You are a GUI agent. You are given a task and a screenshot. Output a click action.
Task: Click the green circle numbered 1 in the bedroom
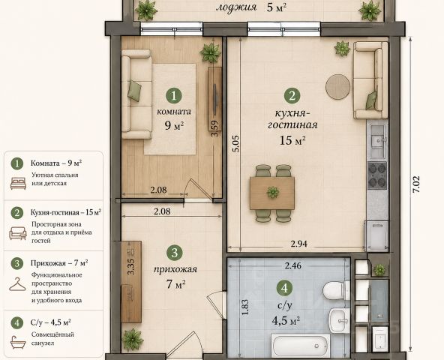pos(173,95)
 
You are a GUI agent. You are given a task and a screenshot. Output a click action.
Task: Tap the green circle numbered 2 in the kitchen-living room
pos(292,96)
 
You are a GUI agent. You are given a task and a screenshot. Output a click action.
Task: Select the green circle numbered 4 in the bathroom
pos(285,288)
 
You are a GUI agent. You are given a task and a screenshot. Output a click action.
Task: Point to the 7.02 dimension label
pos(416,184)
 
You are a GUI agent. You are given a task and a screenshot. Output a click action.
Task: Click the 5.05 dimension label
pos(235,144)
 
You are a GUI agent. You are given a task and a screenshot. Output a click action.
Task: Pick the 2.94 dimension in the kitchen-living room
pos(298,244)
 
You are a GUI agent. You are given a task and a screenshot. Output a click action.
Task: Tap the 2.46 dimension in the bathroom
pos(293,265)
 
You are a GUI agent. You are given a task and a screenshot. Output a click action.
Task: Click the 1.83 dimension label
pos(245,307)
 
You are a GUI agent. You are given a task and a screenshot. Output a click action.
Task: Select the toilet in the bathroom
pos(337,290)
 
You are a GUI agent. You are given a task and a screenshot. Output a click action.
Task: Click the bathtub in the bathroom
pos(301,346)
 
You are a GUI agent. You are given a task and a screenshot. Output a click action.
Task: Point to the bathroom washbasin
pos(340,319)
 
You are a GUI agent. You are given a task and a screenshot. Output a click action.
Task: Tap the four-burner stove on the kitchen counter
pos(377,175)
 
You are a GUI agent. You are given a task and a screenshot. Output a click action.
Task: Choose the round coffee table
pos(337,87)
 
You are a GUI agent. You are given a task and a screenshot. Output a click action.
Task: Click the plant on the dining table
pos(273,192)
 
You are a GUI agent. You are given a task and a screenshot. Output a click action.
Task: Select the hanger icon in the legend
pos(17,284)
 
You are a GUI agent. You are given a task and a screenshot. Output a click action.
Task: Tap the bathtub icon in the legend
pos(18,342)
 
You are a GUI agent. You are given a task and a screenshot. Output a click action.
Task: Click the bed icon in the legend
pos(19,183)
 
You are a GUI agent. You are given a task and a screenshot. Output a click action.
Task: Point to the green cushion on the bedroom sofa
pos(134,91)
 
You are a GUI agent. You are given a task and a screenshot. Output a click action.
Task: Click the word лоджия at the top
pos(236,7)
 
